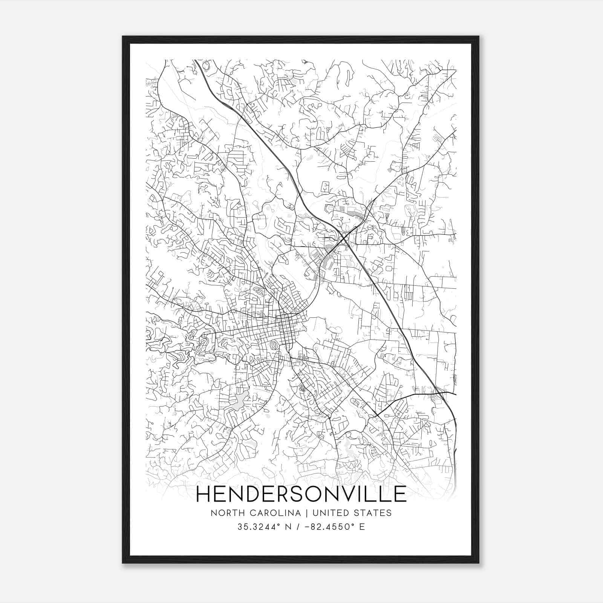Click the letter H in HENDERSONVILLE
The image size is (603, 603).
[x=204, y=494]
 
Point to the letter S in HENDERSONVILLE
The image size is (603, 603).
[x=300, y=494]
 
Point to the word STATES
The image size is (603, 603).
[x=374, y=513]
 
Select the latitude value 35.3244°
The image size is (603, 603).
[x=255, y=527]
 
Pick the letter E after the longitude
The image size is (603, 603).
[x=362, y=527]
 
